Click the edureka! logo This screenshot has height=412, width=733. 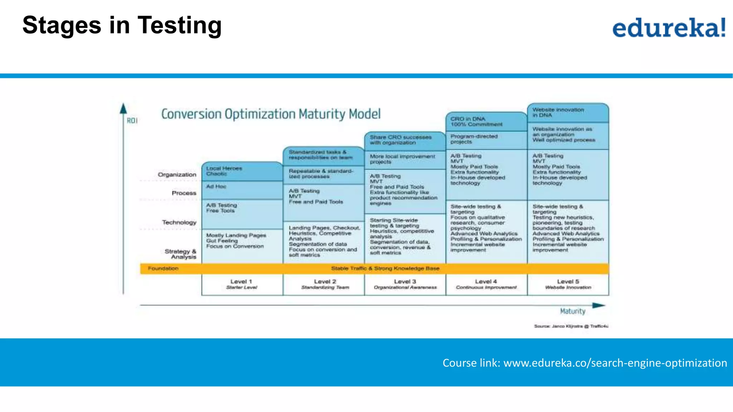669,28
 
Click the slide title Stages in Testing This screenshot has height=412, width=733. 122,25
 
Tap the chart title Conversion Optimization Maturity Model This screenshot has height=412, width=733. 271,114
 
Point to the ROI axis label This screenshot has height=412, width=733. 132,121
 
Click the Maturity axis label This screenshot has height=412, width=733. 572,311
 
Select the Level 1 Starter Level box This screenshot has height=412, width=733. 242,284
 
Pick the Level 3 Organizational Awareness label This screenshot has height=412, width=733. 405,284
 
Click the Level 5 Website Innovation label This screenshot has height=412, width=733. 568,284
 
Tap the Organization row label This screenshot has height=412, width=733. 177,175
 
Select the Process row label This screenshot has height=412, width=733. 184,193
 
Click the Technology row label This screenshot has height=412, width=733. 179,222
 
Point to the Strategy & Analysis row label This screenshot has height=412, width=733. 181,254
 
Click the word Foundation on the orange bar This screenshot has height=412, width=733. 163,269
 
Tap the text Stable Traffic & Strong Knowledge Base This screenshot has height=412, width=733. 385,269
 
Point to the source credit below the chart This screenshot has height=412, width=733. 571,326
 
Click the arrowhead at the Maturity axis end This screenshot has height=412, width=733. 598,305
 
